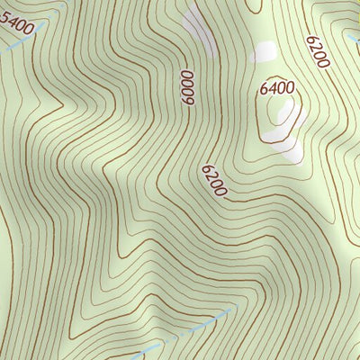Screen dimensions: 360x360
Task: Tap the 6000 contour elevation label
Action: tap(187, 88)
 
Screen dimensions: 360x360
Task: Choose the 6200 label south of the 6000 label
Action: tap(214, 181)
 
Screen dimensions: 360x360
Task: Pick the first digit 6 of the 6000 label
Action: tap(187, 76)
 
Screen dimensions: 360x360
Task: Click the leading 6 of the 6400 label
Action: tap(265, 88)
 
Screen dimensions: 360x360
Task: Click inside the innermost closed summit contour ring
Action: tap(278, 117)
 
